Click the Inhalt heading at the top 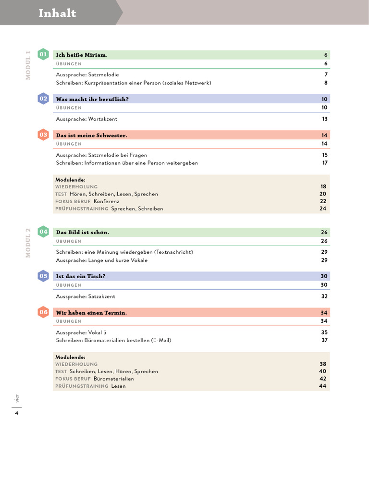[x=57, y=13]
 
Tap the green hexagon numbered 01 [x=43, y=54]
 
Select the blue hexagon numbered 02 [x=43, y=98]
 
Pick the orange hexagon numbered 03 [x=43, y=135]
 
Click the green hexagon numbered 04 [x=43, y=232]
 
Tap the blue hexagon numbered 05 [x=43, y=276]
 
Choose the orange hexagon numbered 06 [x=43, y=312]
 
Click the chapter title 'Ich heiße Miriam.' [x=82, y=55]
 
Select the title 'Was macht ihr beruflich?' [x=92, y=99]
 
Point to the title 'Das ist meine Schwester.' [x=91, y=135]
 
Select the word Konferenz [x=106, y=201]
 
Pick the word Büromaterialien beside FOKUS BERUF [x=114, y=379]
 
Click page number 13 [x=325, y=119]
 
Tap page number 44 [x=323, y=386]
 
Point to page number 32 [x=324, y=296]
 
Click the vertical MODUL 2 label [x=28, y=243]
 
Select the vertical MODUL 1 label [x=28, y=65]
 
